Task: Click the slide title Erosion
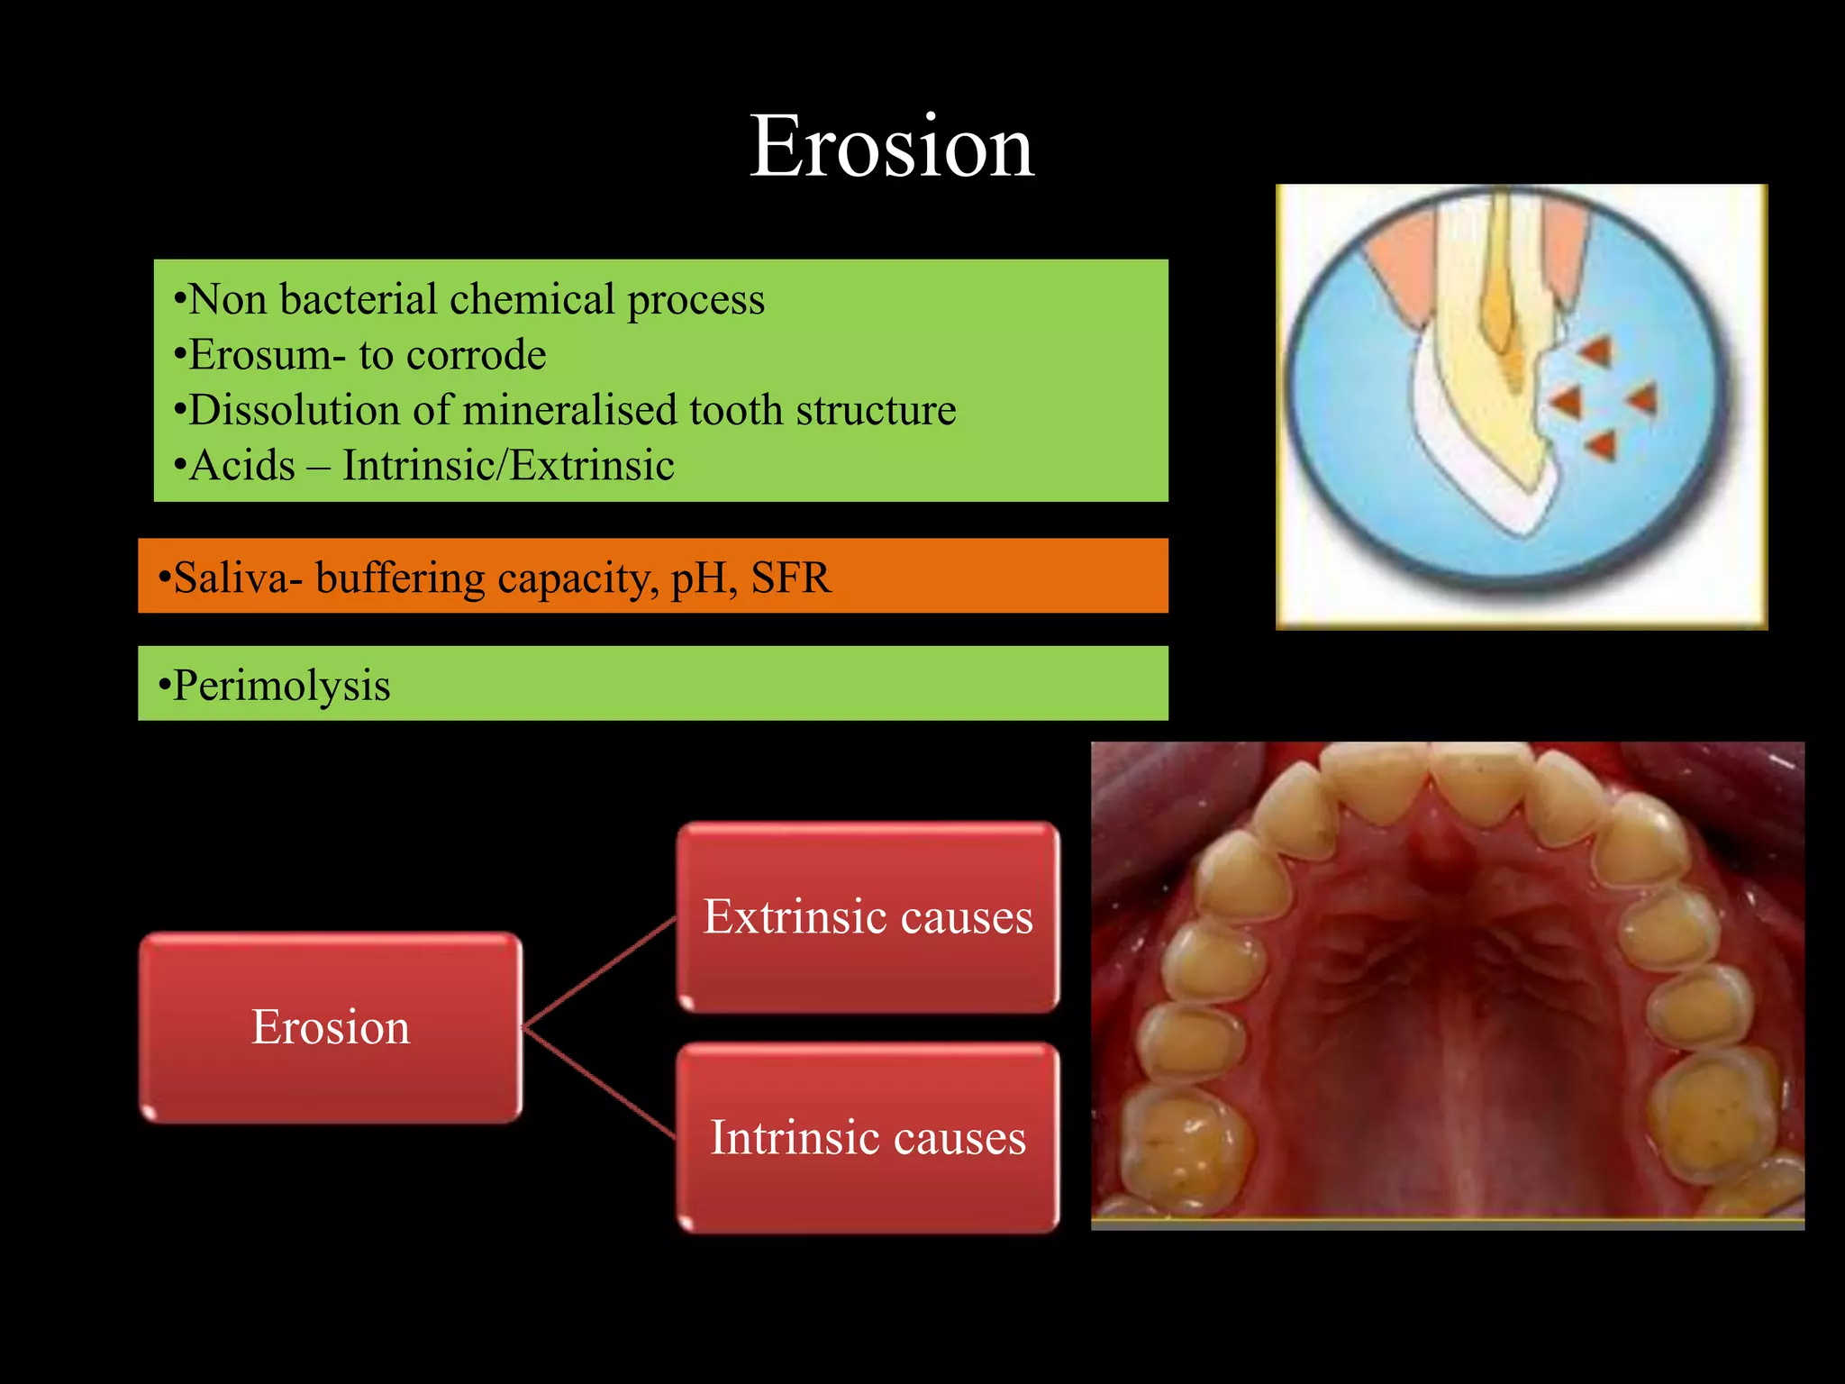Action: [891, 147]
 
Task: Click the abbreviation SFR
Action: [790, 578]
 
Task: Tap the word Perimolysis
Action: [281, 685]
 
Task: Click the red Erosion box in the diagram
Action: [331, 1027]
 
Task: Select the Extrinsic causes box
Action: [868, 917]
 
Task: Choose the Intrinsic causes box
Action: [868, 1137]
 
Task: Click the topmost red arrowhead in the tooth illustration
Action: [1595, 351]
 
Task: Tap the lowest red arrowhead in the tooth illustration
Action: [1602, 444]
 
